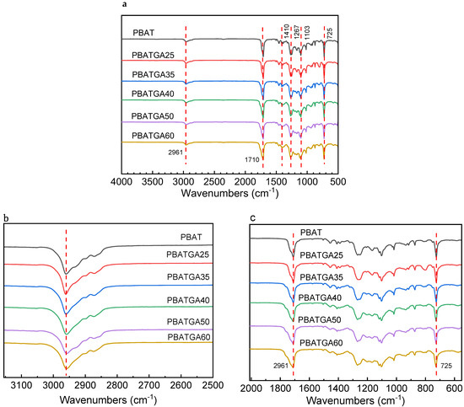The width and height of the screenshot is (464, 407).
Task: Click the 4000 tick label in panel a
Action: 122,180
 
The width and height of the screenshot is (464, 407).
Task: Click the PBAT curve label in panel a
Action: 143,32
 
